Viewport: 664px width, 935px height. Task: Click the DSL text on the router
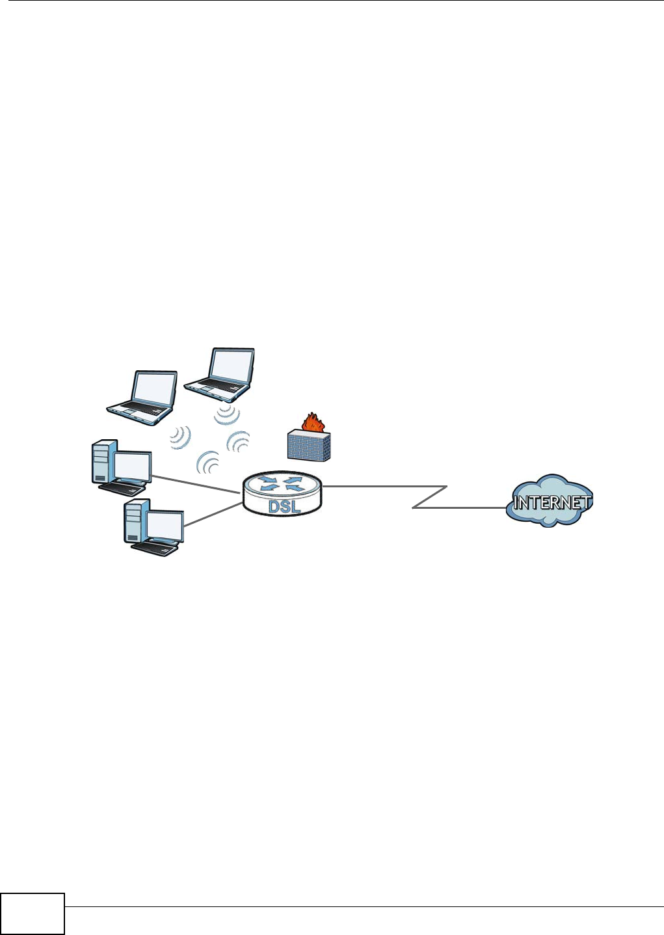click(284, 505)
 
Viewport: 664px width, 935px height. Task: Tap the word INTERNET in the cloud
click(551, 502)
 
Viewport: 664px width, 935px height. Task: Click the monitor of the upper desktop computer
click(132, 466)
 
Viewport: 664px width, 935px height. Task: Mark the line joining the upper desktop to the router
click(195, 484)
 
